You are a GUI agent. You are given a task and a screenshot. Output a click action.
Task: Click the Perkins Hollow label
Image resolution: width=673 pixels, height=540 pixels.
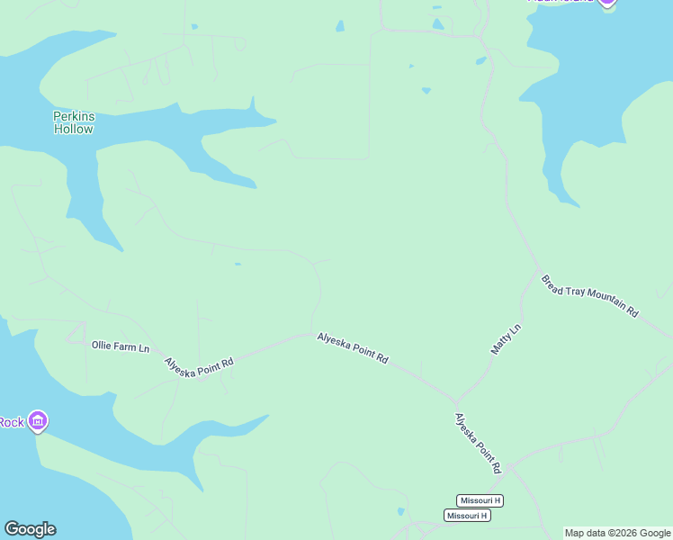(x=73, y=122)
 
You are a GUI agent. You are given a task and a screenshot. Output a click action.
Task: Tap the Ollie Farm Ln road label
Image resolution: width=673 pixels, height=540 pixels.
(x=120, y=346)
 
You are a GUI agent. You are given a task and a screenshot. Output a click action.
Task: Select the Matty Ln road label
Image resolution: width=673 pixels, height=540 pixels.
(x=507, y=338)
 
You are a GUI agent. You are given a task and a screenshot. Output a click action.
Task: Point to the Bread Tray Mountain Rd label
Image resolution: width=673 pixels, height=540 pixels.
(x=589, y=295)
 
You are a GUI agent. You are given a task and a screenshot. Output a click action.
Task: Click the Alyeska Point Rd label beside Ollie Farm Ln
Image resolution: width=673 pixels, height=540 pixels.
(x=199, y=366)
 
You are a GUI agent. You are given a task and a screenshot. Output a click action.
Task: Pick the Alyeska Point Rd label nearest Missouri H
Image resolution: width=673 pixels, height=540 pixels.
(x=477, y=444)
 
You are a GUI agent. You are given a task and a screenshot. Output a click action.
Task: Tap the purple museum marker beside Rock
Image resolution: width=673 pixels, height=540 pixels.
(x=37, y=420)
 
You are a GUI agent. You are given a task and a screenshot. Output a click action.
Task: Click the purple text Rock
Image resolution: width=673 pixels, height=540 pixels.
(x=11, y=422)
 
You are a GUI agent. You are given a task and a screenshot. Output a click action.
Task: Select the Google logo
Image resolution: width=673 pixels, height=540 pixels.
(x=30, y=529)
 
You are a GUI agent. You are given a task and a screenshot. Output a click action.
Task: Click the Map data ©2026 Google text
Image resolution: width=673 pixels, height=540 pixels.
(x=617, y=533)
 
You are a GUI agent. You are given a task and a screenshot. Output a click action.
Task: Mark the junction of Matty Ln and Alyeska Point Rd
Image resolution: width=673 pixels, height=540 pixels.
(x=456, y=401)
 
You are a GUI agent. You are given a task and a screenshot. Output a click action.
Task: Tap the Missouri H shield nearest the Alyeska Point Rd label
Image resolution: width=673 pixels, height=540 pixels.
(x=480, y=500)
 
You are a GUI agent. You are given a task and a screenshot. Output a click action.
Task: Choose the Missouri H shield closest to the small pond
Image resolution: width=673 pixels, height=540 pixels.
(x=467, y=516)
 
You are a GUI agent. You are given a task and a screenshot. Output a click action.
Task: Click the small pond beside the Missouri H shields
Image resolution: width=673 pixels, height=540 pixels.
(x=400, y=512)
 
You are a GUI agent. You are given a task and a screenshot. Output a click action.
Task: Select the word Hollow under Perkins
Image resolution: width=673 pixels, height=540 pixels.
(x=73, y=129)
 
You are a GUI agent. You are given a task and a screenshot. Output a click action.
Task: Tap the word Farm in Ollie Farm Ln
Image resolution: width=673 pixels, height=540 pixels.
(x=121, y=346)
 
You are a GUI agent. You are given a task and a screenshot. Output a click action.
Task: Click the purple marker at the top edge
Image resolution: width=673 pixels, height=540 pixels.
(x=607, y=3)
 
